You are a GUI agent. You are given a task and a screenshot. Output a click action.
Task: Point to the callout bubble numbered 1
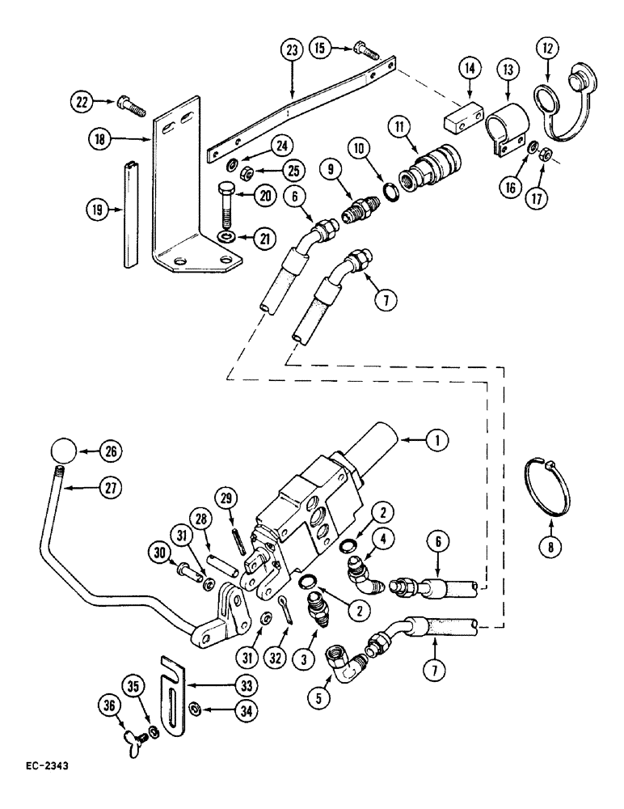pos(436,440)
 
